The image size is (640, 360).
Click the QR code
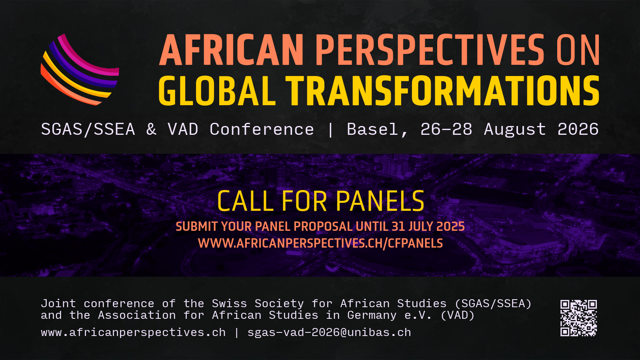[578, 318]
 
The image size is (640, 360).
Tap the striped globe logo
[80, 70]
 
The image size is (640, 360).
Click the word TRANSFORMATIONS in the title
[442, 91]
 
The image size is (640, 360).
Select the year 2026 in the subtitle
[578, 130]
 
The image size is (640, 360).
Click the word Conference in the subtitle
[262, 130]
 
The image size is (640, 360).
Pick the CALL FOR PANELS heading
[320, 201]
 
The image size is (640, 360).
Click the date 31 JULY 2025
[428, 226]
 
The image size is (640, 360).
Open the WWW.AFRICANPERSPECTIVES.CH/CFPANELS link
[320, 243]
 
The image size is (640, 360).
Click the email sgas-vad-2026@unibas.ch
[329, 332]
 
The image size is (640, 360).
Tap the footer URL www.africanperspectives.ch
[133, 332]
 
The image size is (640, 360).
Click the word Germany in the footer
[372, 315]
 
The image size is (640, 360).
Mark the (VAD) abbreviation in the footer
[457, 315]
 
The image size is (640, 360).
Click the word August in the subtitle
[515, 130]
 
